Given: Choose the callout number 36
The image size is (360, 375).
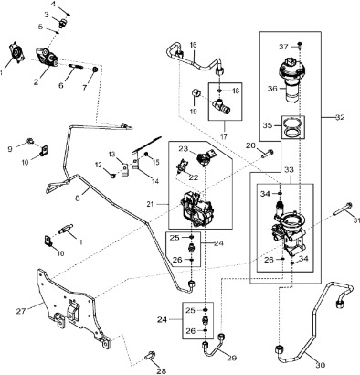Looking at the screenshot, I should pos(270,89).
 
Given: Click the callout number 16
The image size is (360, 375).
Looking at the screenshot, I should pos(194,45).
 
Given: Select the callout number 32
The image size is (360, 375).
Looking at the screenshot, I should pos(339,118).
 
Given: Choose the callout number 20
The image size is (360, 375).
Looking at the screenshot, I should pos(250,146).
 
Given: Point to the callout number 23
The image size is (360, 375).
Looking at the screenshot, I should pos(182,149).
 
